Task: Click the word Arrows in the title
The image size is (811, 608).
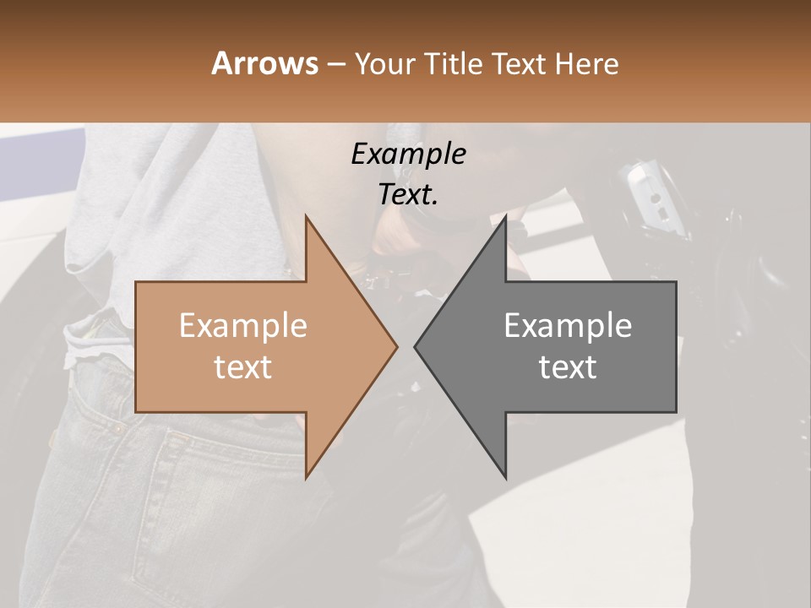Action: tap(264, 63)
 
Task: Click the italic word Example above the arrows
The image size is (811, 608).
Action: tap(408, 155)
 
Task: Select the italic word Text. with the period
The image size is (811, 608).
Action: tap(408, 195)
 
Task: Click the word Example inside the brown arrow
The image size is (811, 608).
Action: tap(242, 326)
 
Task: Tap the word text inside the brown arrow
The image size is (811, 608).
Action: tap(242, 367)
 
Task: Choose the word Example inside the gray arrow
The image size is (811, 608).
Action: tap(568, 326)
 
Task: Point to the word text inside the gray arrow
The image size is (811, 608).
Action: tap(568, 367)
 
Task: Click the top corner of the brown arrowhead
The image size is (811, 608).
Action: tap(306, 216)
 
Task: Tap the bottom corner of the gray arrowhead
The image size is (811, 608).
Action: tap(505, 477)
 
